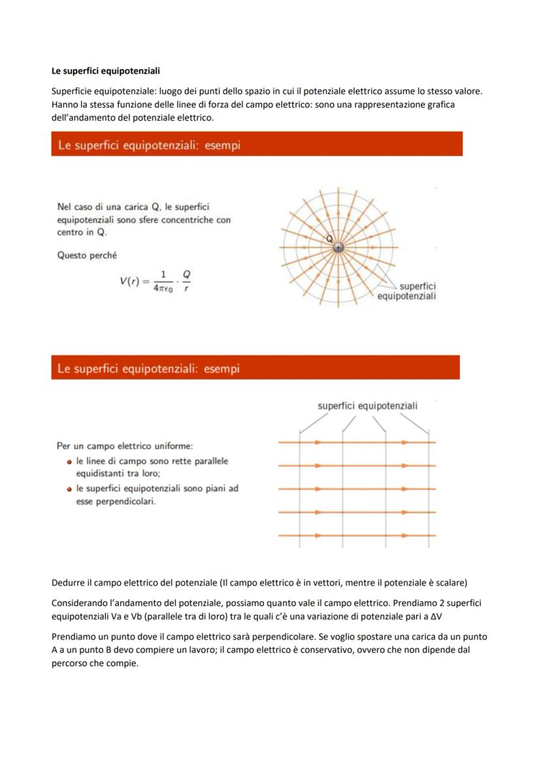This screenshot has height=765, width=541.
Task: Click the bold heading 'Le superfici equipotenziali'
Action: (105, 71)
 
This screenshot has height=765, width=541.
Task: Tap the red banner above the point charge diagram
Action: (257, 144)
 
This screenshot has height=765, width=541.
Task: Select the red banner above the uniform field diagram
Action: (255, 368)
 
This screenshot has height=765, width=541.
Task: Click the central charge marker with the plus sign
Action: (338, 248)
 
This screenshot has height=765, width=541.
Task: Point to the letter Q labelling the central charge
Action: (331, 238)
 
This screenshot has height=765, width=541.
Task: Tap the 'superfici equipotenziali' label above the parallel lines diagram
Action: (367, 406)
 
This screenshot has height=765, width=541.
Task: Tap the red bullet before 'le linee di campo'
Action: (69, 461)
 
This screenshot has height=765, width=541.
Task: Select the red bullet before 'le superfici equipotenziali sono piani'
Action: (69, 489)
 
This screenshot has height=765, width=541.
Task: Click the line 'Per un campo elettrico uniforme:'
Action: (125, 446)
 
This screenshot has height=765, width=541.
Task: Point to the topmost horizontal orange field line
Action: (357, 442)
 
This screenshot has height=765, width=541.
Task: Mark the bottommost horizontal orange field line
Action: (357, 536)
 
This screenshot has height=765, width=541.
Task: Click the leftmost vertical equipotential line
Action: (300, 490)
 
